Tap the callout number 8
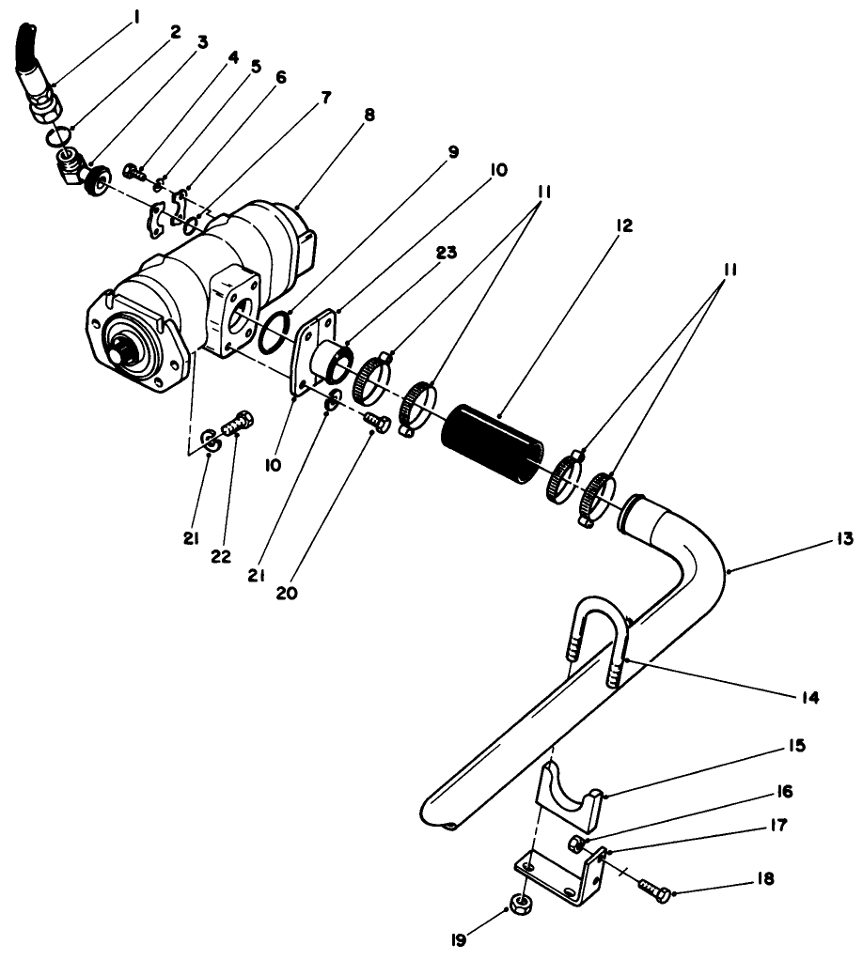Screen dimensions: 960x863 tap(369, 116)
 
